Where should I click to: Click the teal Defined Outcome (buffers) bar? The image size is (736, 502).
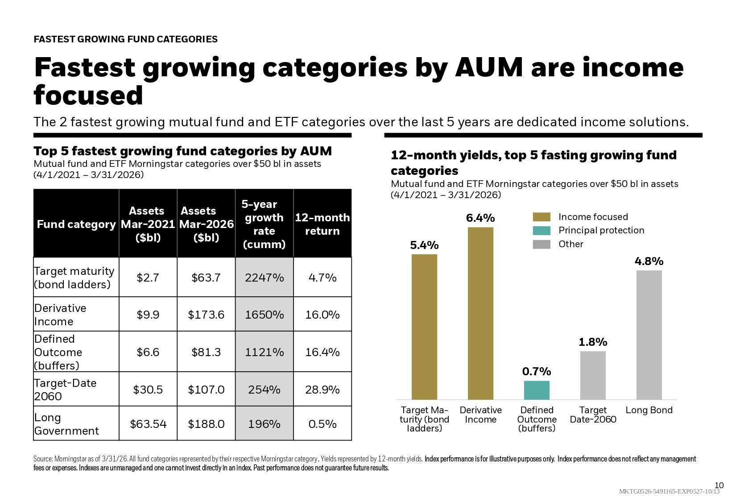tap(537, 390)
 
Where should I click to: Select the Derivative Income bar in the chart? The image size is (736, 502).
tap(480, 313)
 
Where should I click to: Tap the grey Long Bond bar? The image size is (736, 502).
tap(649, 335)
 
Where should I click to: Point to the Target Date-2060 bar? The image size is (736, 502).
tap(593, 375)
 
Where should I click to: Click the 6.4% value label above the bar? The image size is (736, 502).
tap(480, 218)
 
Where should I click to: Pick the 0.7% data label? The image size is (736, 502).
tap(537, 371)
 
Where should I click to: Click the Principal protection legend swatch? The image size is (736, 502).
tap(542, 230)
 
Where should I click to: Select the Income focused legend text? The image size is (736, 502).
tap(593, 217)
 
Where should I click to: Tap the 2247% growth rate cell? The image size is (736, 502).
tap(264, 278)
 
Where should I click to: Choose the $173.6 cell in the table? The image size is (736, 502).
tap(206, 315)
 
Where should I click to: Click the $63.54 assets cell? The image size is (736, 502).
tap(148, 424)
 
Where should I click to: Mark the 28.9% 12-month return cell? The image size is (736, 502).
tap(323, 390)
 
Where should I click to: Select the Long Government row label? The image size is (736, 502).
tap(66, 424)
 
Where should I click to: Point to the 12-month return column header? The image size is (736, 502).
tap(323, 224)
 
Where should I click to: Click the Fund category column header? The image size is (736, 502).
tap(76, 224)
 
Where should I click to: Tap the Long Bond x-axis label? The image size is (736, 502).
tap(649, 410)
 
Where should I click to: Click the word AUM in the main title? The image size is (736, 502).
tap(489, 67)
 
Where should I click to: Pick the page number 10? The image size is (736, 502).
tap(719, 485)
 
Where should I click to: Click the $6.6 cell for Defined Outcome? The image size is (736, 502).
tap(148, 352)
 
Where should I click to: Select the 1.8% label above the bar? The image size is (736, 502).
tap(593, 342)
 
